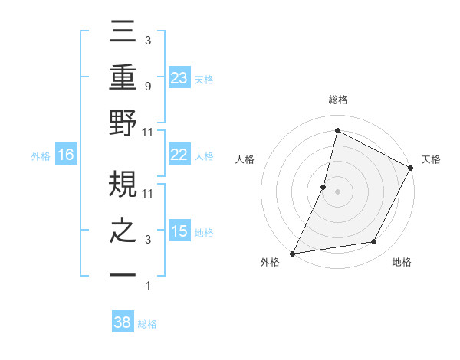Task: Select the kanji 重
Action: (x=123, y=78)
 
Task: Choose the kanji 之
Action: (x=123, y=231)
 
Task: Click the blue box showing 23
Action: (x=179, y=77)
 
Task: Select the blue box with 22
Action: (x=179, y=155)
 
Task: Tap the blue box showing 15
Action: (x=179, y=231)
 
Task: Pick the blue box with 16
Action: (x=66, y=155)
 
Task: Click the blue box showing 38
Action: (x=123, y=322)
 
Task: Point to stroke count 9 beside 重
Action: (x=148, y=87)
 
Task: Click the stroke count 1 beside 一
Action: (x=148, y=286)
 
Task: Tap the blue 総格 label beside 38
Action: (x=148, y=324)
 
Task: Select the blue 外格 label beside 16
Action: (x=41, y=156)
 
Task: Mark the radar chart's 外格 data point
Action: (x=293, y=253)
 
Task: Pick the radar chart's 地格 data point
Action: (x=374, y=242)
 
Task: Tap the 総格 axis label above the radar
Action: (x=338, y=100)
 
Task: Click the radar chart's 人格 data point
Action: (x=324, y=186)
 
